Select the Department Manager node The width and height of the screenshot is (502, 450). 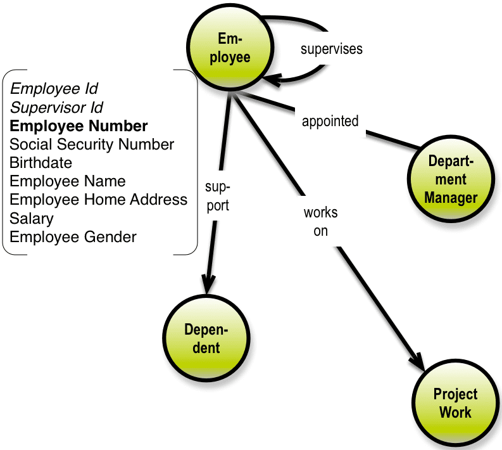point(450,180)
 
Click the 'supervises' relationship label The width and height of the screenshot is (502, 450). point(331,49)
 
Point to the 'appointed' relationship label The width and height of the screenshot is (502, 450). point(330,121)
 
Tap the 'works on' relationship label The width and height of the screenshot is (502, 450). point(320,221)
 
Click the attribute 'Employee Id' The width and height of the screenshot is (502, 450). point(54,88)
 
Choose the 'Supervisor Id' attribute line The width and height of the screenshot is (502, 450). point(56,107)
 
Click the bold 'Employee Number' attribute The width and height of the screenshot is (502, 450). point(79,125)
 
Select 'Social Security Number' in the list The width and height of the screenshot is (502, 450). point(92,145)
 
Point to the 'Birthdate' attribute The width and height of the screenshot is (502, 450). point(41,163)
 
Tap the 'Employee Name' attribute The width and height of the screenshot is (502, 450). point(68,181)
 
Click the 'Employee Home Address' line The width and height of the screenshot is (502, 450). point(99,200)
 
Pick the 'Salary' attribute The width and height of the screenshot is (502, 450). point(32,219)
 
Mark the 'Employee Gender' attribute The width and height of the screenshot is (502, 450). point(73,237)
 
